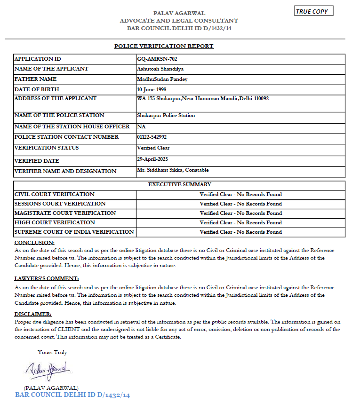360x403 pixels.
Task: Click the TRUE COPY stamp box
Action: coord(314,11)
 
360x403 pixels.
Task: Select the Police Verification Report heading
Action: coord(164,46)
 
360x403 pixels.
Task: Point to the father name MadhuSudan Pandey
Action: coord(162,79)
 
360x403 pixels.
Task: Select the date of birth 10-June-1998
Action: coord(152,89)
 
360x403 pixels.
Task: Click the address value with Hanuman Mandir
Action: coord(202,99)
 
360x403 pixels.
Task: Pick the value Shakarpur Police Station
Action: coord(166,116)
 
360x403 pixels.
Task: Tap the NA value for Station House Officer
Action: coord(141,127)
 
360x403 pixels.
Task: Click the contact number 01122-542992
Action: coord(152,137)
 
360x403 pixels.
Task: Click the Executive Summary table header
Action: coord(179,185)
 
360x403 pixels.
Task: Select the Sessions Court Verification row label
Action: coord(60,204)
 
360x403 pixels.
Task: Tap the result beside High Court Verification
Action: coord(240,223)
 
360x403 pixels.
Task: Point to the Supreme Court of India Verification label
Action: coord(74,232)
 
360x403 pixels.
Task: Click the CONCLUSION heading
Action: coord(34,243)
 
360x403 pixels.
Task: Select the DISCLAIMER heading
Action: coord(33,314)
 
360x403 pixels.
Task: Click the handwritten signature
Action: coord(48,370)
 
